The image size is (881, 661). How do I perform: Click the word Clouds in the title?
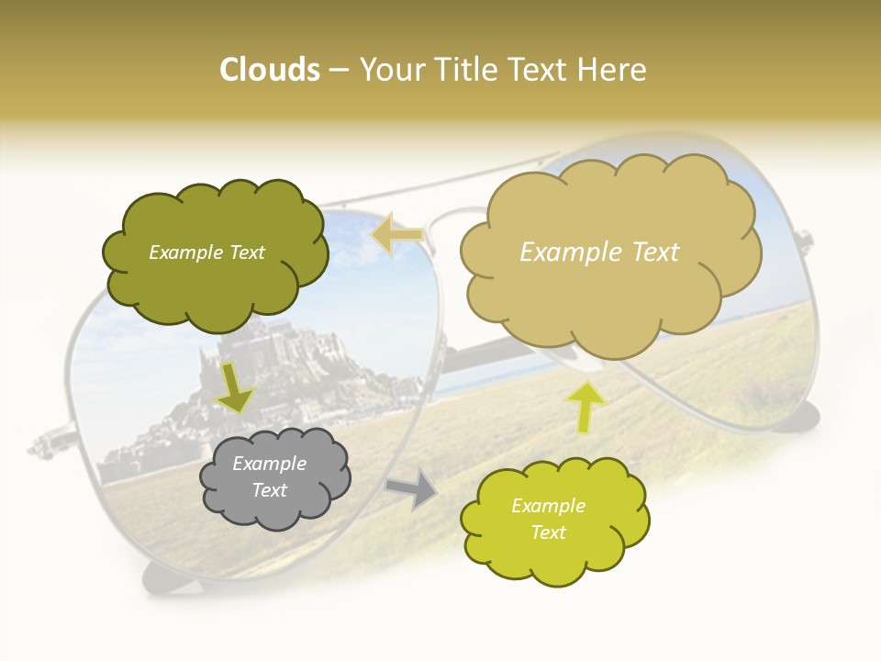point(269,70)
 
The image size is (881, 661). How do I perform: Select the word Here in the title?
point(615,70)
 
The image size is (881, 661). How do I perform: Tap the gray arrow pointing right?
point(411,489)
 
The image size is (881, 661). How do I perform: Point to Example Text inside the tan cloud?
point(599,252)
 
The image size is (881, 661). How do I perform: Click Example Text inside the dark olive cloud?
point(206,252)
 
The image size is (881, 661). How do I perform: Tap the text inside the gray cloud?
point(269,476)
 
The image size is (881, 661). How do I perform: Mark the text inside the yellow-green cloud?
point(548,519)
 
